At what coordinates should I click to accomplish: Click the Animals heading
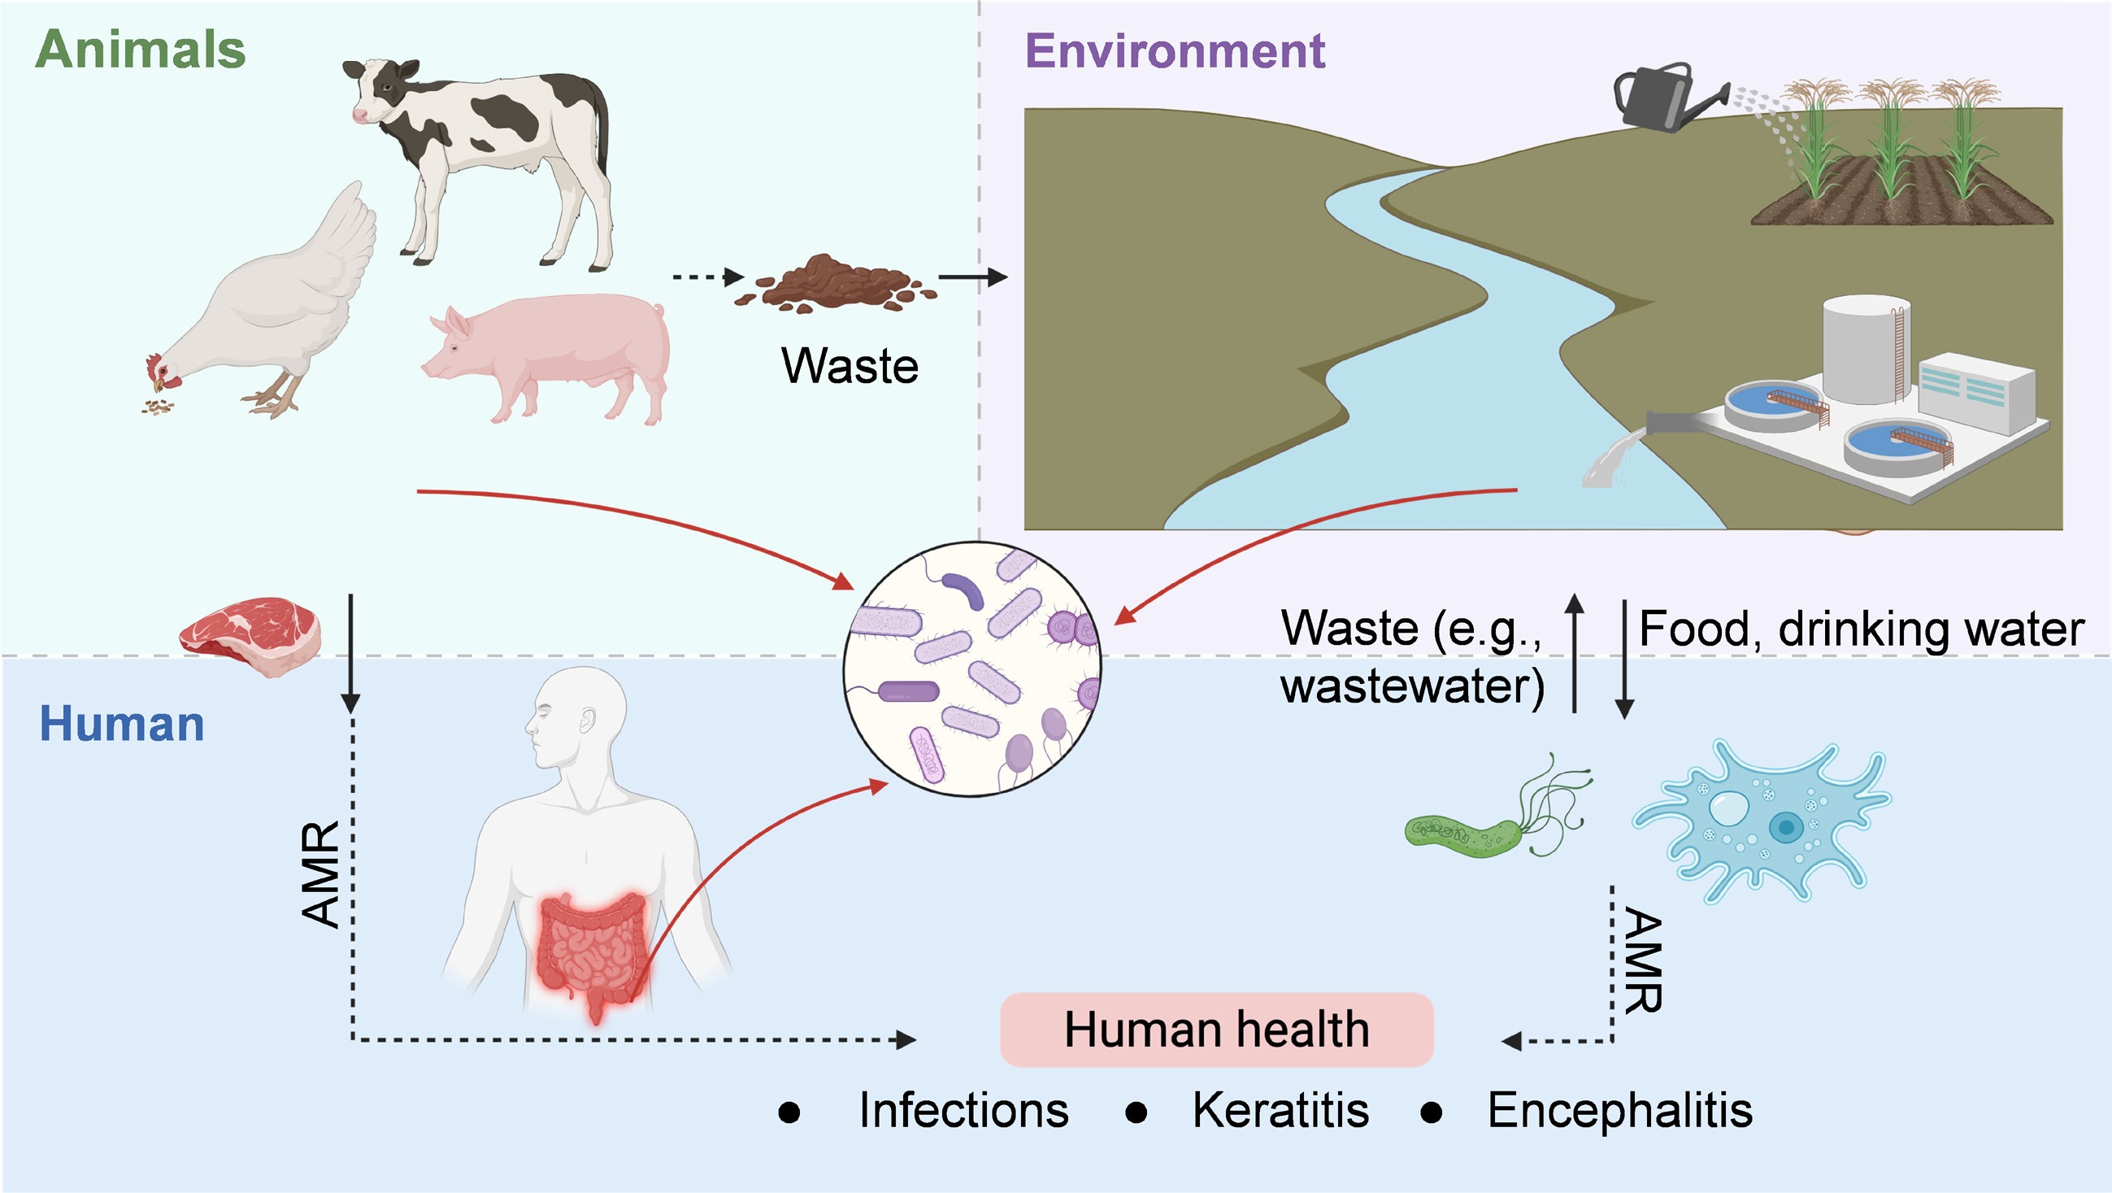140,49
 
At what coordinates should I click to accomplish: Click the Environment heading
1175,51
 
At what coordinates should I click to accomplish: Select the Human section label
122,724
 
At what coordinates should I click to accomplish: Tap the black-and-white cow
492,147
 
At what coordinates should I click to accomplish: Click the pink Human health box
1217,1029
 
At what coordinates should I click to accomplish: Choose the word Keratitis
1280,1110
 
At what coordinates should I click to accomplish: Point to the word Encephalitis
1620,1110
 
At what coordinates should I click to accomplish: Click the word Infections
963,1110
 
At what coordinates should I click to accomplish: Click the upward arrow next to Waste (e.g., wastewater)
1574,652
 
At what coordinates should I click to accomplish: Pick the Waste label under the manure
850,366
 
